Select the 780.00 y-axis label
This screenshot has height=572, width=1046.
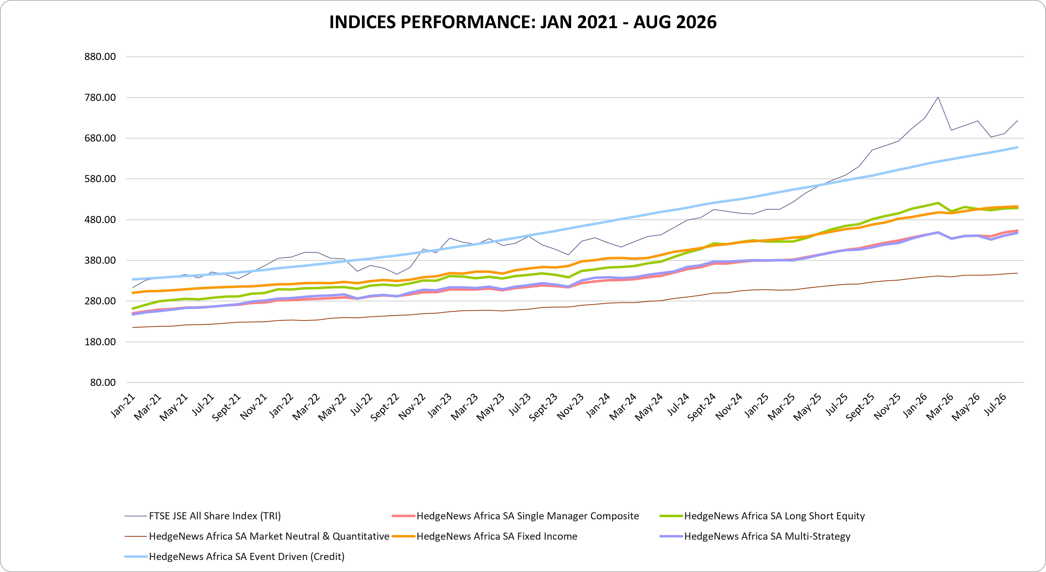(100, 97)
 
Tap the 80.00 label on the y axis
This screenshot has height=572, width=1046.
(103, 382)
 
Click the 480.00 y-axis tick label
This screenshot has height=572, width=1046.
(100, 219)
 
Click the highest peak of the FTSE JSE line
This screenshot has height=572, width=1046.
(938, 97)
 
